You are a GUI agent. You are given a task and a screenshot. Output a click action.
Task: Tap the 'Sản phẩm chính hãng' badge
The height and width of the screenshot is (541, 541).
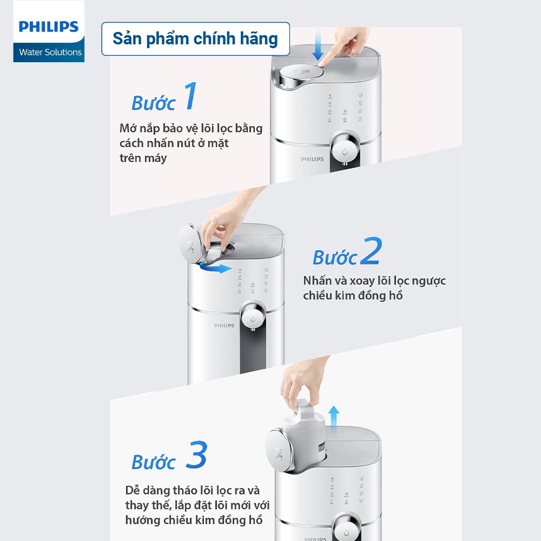point(195,39)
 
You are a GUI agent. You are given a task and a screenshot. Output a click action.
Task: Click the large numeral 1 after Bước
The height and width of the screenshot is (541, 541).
point(189,97)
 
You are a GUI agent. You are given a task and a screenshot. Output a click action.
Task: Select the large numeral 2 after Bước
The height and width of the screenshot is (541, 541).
point(371,252)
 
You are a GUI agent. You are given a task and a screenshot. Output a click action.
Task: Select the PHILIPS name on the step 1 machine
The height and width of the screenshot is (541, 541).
point(312,159)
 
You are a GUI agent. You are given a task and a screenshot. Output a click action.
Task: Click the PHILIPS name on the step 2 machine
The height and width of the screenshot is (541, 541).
point(224,326)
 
